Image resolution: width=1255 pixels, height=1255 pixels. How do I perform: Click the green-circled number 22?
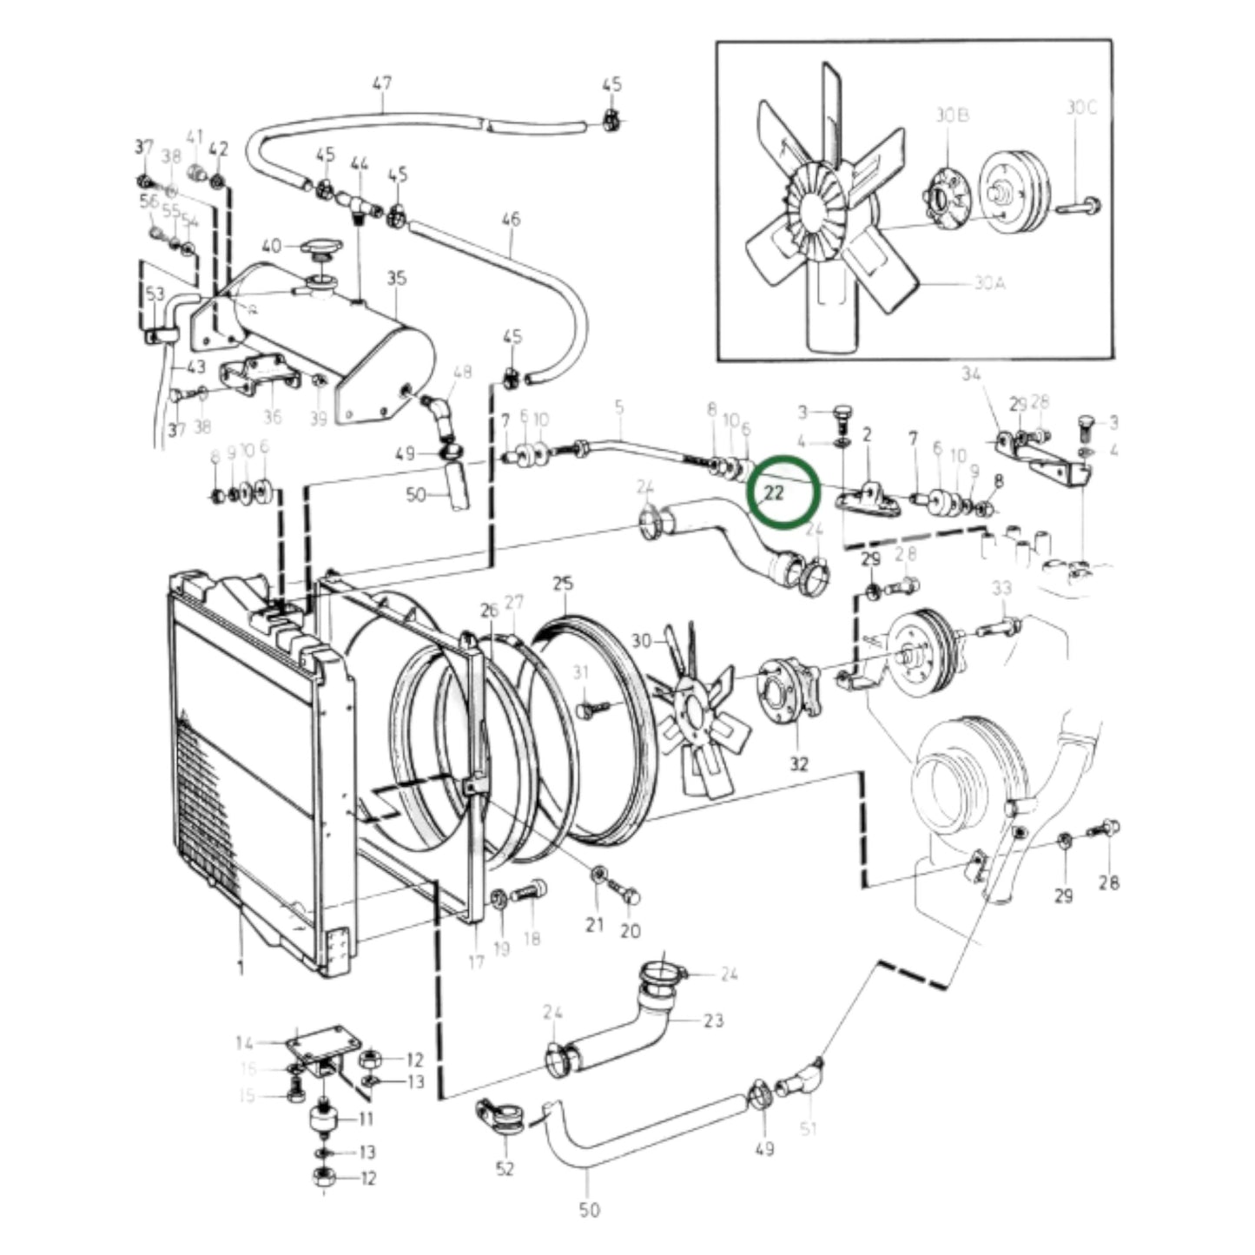click(773, 492)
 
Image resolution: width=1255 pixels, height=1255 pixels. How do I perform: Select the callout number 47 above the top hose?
click(381, 83)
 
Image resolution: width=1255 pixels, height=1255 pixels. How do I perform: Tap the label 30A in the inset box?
click(989, 283)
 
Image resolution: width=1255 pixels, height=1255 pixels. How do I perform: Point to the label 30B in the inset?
click(952, 116)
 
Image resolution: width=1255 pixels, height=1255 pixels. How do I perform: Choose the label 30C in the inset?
click(1081, 107)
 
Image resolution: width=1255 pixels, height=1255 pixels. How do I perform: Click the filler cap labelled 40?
click(322, 250)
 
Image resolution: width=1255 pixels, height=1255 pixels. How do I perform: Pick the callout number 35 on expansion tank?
click(396, 278)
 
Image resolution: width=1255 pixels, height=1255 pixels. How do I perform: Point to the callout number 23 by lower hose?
click(713, 1021)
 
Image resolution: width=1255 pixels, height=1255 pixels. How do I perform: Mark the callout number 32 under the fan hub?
click(799, 763)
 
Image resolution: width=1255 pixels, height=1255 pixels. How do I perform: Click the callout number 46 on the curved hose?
click(511, 219)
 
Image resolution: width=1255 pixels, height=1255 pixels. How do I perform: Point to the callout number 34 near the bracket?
click(971, 374)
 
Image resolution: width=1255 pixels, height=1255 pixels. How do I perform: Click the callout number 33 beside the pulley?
click(1001, 588)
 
